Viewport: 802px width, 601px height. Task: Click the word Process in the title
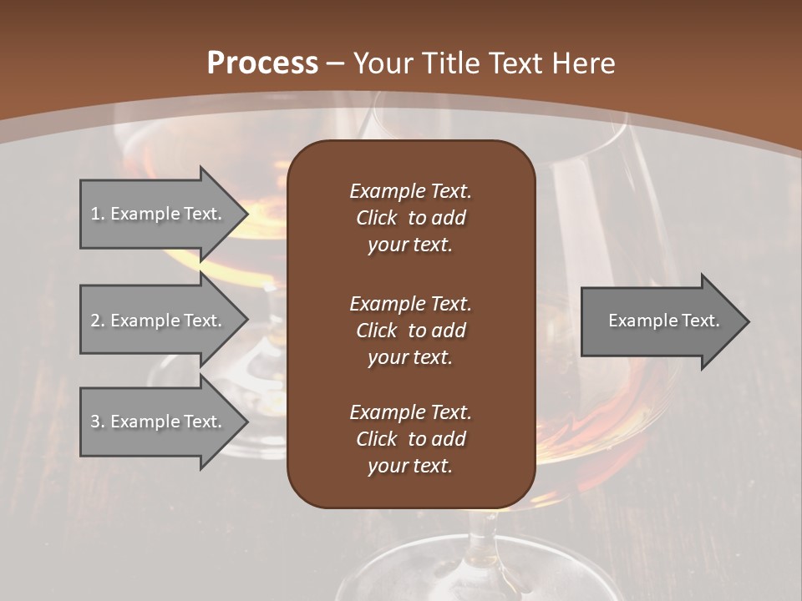click(262, 63)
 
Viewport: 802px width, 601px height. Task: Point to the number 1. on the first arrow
click(98, 214)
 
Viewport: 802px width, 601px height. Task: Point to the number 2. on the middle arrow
click(98, 321)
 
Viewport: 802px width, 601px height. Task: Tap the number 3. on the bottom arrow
click(98, 422)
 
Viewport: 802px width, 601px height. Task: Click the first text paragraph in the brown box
click(410, 218)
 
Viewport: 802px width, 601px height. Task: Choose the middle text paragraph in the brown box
click(410, 331)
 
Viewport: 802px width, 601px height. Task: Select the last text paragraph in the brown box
click(410, 439)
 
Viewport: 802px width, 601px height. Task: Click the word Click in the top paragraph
click(376, 218)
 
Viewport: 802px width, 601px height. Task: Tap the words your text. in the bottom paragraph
click(410, 466)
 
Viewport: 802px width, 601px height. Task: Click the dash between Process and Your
click(336, 63)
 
